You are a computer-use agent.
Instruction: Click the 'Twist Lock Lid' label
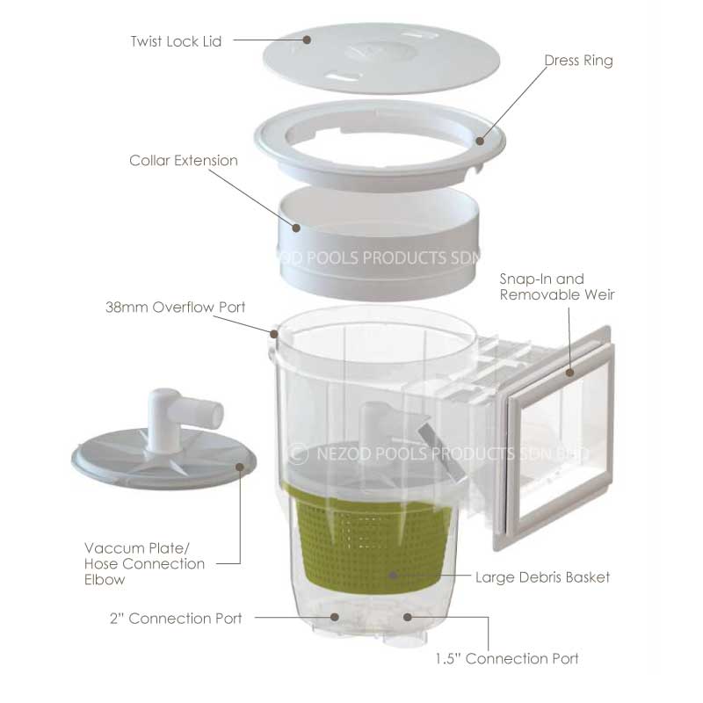177,41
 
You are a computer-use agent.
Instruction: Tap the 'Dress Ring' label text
578,61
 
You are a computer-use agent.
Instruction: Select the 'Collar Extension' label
184,161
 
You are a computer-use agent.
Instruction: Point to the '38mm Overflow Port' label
175,307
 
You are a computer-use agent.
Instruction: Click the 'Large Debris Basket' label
542,577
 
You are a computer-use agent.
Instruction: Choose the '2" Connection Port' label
176,619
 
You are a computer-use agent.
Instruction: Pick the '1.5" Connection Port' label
507,658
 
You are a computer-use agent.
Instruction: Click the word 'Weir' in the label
599,294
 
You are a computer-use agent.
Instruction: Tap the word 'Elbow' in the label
105,580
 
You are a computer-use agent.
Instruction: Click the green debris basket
373,538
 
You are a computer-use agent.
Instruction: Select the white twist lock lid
381,58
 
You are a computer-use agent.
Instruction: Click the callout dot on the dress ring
480,141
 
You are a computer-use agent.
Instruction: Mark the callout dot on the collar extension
296,228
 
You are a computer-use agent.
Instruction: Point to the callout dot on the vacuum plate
240,467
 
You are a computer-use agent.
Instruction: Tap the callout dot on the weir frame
569,372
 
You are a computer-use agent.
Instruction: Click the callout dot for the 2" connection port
335,617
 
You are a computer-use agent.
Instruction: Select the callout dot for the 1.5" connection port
407,617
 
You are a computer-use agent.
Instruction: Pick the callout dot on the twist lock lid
307,40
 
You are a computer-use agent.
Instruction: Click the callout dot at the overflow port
274,334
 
